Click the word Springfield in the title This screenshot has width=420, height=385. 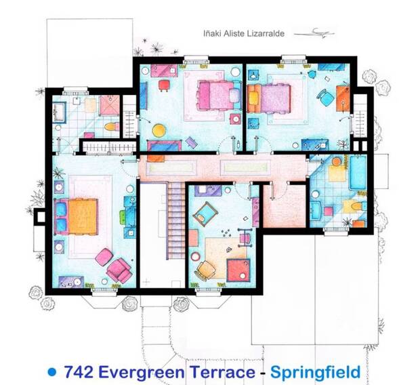point(315,372)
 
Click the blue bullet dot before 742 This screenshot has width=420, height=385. point(52,372)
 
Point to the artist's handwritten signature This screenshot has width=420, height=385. point(314,33)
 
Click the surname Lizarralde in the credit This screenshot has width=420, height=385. point(262,34)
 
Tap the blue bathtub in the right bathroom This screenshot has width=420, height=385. point(358,172)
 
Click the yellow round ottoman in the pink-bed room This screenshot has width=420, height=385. point(159,130)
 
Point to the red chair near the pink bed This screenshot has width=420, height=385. point(164,86)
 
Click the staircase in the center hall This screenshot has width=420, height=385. point(176,220)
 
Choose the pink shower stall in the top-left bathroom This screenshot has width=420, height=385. point(110,105)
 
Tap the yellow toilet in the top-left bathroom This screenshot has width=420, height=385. point(112,127)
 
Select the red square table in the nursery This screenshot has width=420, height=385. point(238,270)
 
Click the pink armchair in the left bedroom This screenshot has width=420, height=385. point(120,270)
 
